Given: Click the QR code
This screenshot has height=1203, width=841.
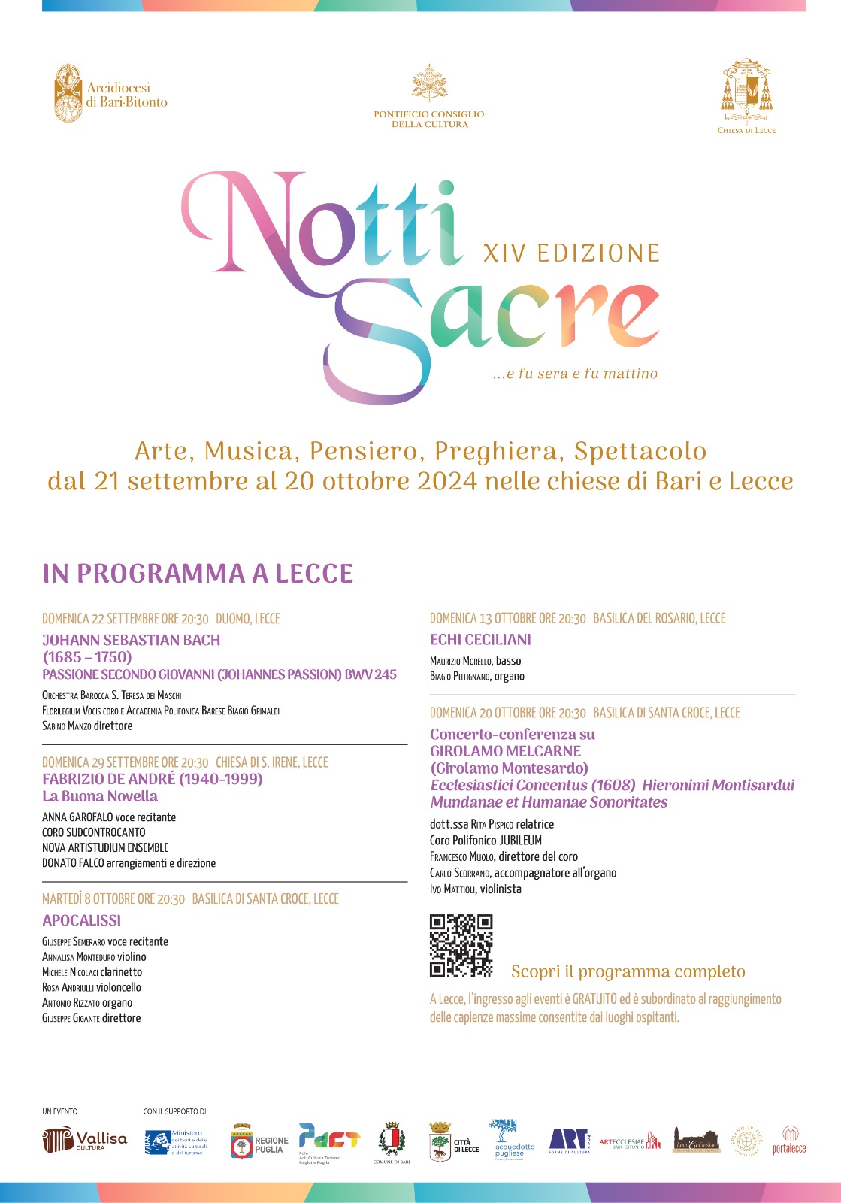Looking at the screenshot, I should [x=461, y=945].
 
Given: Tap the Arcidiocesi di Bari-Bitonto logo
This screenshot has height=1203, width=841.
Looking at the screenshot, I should [x=110, y=94].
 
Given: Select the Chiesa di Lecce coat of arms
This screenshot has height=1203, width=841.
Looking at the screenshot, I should [x=746, y=95].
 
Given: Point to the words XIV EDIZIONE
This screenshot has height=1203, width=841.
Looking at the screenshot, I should [x=571, y=253].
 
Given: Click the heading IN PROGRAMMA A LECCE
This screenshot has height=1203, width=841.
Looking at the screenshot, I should [x=198, y=574].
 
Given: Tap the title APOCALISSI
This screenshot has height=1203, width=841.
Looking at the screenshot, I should [x=81, y=920].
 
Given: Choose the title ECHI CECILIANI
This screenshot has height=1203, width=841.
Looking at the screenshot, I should [x=480, y=640].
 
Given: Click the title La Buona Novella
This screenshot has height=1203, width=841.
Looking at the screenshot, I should [x=100, y=796].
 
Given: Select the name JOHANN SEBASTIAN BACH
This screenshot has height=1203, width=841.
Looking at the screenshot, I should [x=132, y=641].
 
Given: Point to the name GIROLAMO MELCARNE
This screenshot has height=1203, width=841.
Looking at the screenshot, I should [x=505, y=751].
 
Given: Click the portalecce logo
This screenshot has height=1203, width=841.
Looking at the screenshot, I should [x=789, y=1141].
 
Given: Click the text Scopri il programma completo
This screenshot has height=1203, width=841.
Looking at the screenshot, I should [x=628, y=972].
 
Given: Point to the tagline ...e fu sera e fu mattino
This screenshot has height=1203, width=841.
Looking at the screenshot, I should [x=575, y=374].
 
